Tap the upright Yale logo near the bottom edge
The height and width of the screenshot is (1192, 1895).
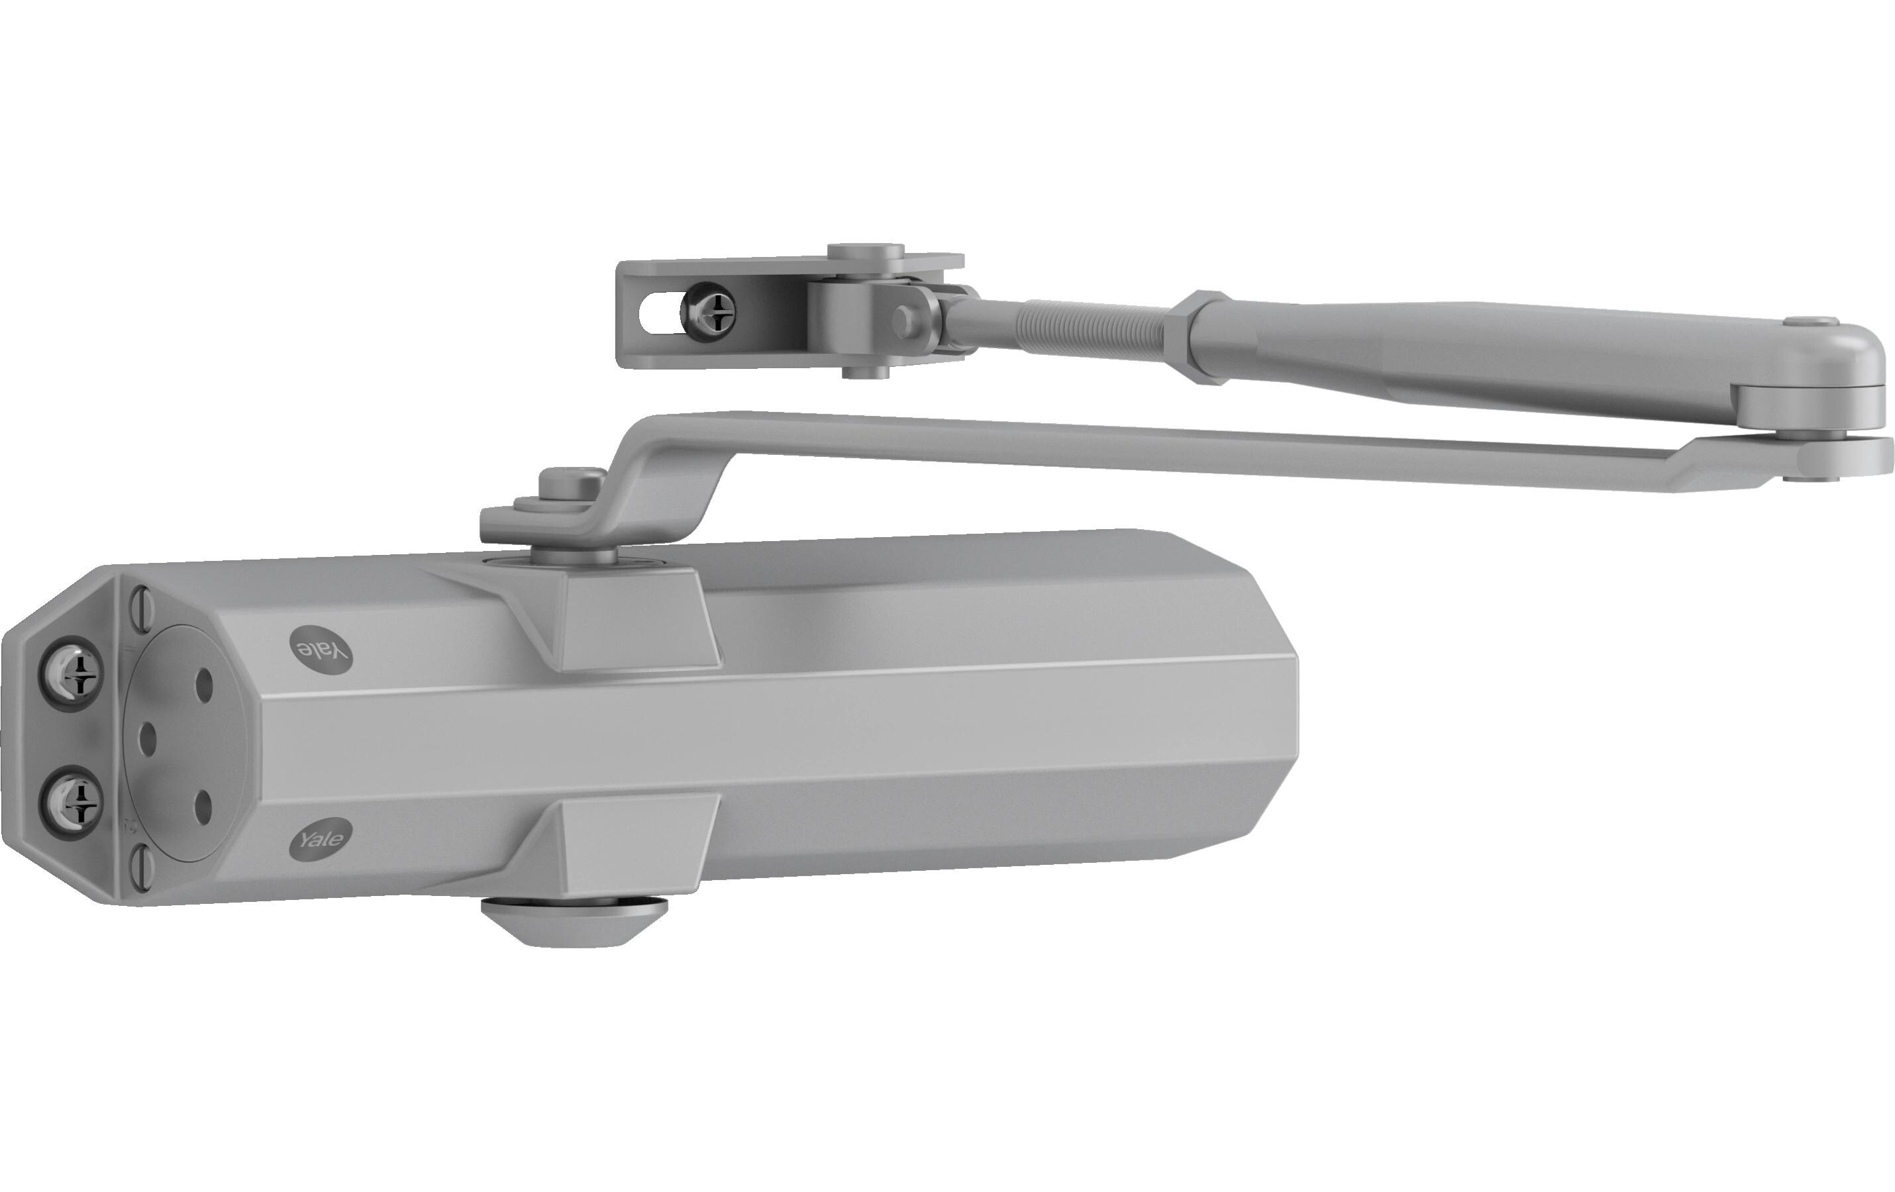[x=321, y=839]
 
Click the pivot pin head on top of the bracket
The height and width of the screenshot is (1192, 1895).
[x=866, y=252]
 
